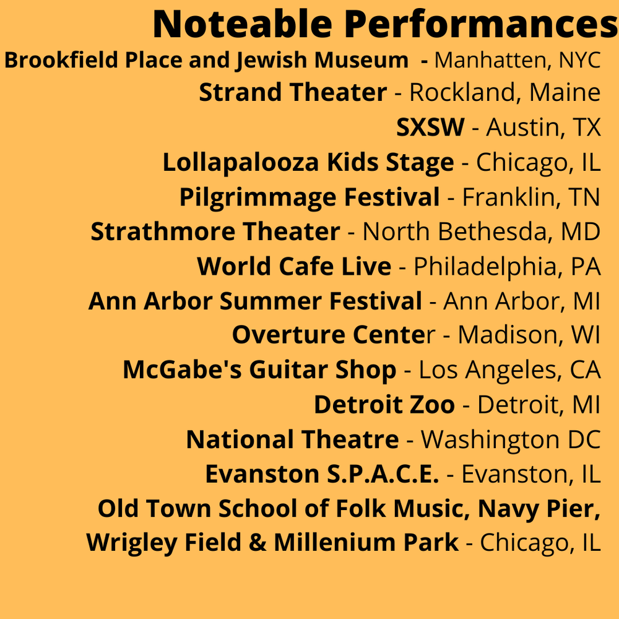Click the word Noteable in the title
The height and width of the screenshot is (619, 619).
[x=243, y=24]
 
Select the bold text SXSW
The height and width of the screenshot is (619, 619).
[x=430, y=127]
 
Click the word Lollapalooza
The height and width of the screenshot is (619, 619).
[x=240, y=163]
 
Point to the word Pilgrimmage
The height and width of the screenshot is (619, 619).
[x=258, y=197]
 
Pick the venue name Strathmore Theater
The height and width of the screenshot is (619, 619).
[x=215, y=232]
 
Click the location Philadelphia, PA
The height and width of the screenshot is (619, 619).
[x=507, y=266]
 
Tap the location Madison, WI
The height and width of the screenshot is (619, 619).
[x=529, y=335]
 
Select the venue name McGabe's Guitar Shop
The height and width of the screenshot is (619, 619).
[x=259, y=370]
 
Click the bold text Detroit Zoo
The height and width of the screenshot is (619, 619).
[x=384, y=405]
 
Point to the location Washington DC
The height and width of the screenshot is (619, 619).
[x=511, y=439]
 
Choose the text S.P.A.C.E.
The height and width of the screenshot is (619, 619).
[x=383, y=474]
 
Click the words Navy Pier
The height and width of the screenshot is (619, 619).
[x=539, y=508]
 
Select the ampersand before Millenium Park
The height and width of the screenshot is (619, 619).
[x=258, y=542]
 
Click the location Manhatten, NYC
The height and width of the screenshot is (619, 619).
[x=517, y=61]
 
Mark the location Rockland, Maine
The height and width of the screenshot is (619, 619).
[x=505, y=93]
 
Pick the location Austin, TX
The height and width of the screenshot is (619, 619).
[x=543, y=128]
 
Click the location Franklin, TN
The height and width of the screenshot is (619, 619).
[x=531, y=197]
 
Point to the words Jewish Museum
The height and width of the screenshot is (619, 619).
[x=322, y=61]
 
